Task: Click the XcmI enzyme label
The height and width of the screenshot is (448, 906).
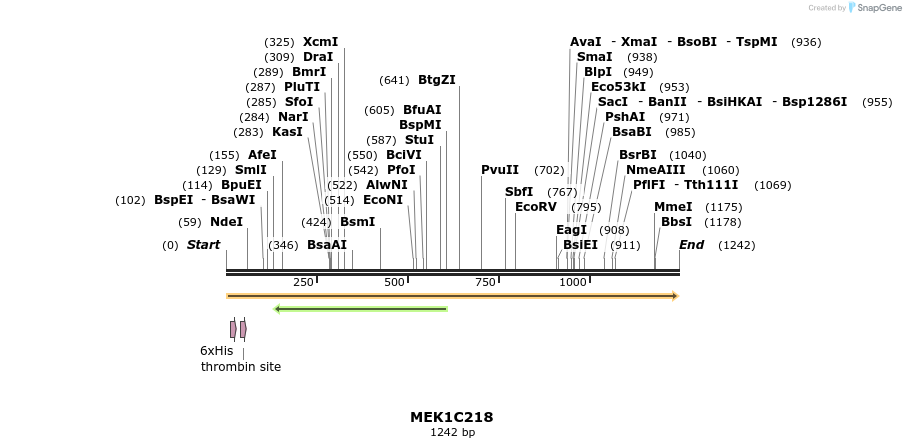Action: coord(320,42)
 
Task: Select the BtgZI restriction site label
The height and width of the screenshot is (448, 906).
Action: coord(436,80)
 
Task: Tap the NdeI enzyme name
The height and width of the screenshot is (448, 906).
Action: coord(226,222)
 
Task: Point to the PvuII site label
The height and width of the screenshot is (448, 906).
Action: coord(500,170)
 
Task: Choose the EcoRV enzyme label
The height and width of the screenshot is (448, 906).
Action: coord(535,207)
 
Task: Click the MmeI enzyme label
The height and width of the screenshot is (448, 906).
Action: coord(673,207)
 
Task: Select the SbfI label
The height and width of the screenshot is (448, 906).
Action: coord(519,192)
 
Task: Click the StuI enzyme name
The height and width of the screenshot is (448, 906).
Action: coord(419,140)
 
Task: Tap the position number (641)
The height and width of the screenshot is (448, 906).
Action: coord(394,81)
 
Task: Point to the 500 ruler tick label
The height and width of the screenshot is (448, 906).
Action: coord(394,282)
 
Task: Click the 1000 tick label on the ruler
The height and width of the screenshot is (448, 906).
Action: coord(573,282)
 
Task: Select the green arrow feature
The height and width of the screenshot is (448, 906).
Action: coord(360,309)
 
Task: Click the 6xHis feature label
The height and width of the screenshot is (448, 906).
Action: coord(216,351)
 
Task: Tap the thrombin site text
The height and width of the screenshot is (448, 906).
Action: coord(241,367)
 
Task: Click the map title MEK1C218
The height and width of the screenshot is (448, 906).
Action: coord(451,417)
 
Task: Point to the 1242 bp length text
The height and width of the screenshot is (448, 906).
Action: coord(452,433)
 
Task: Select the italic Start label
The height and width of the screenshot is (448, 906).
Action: coord(203,245)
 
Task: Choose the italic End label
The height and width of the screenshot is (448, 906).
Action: coord(691,245)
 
